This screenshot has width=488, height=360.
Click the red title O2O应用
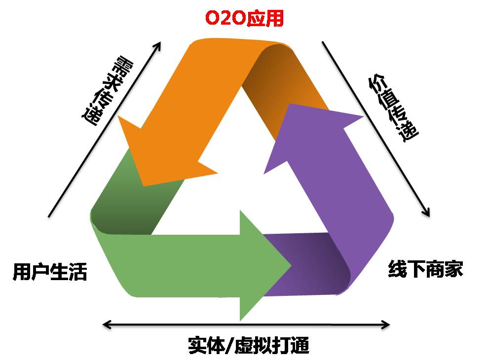(x=244, y=18)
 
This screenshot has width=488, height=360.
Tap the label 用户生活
(x=50, y=272)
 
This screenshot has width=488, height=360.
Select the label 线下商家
(x=425, y=269)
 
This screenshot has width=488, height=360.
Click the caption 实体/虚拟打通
(x=249, y=346)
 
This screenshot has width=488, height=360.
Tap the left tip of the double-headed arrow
(x=104, y=324)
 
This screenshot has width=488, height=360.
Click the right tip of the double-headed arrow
(x=389, y=324)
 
